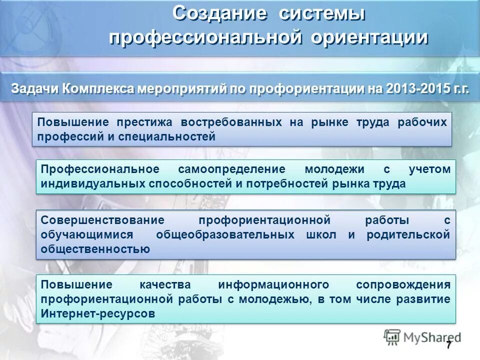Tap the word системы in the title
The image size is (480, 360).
(x=322, y=13)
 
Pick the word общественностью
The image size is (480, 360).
(x=95, y=249)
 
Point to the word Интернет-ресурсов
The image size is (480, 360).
(x=98, y=313)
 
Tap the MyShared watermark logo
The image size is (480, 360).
(x=422, y=336)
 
